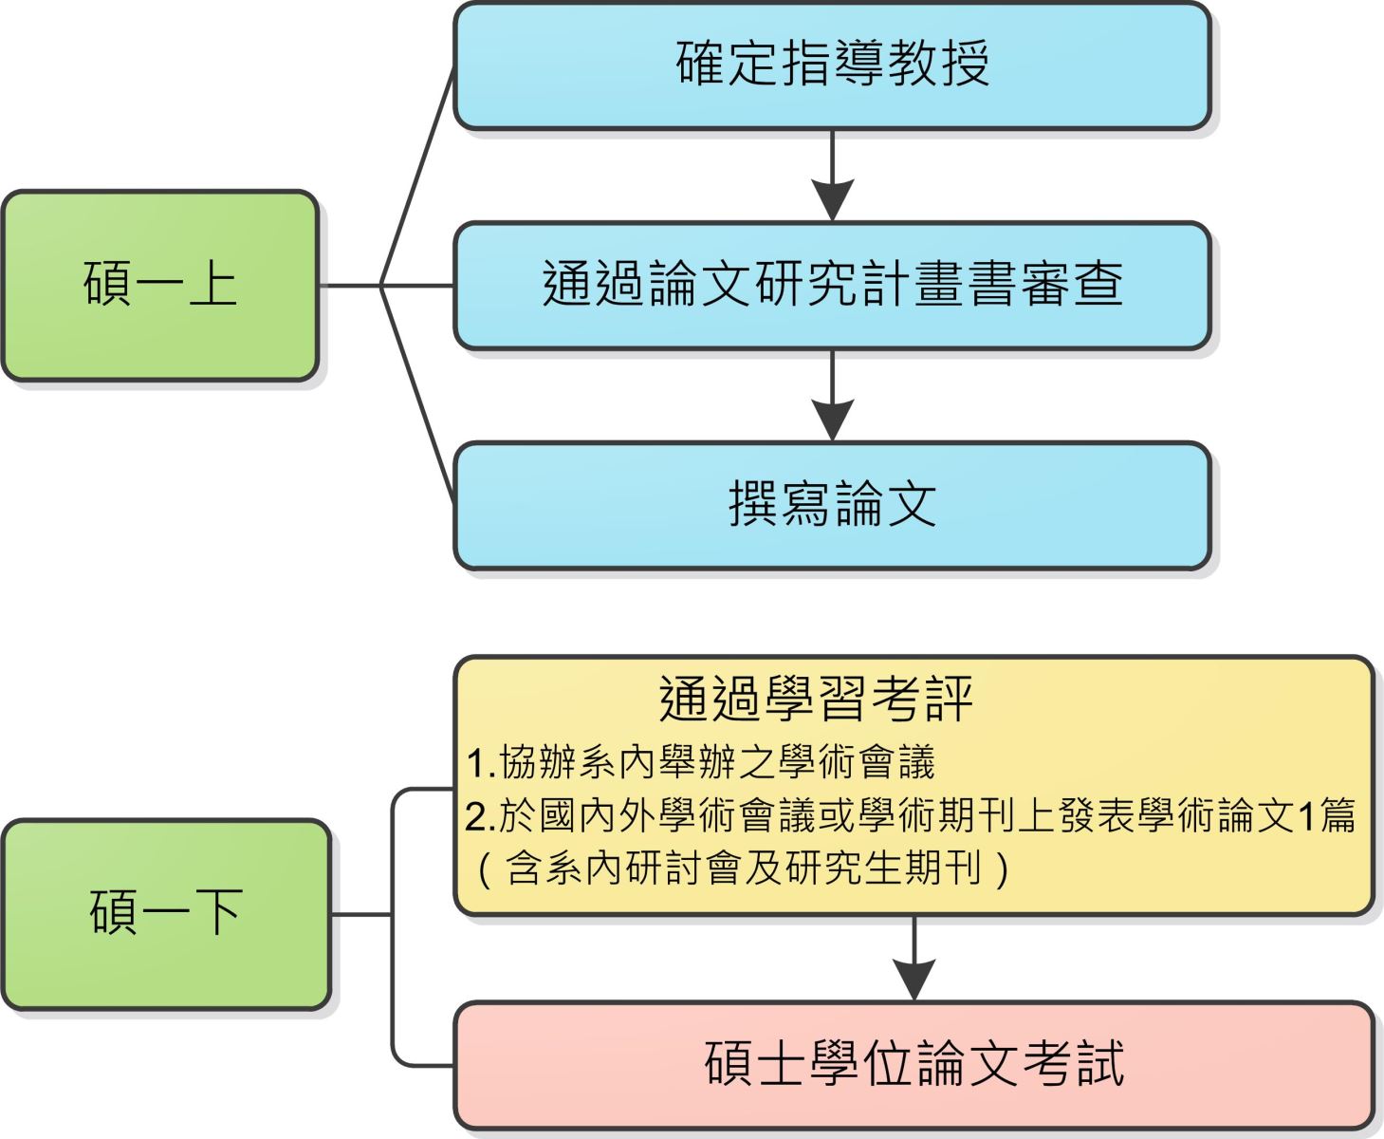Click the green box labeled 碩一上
coord(159,285)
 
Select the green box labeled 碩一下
coord(166,914)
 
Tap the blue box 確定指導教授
coord(832,65)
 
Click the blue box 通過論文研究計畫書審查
coord(832,285)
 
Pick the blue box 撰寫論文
coord(832,505)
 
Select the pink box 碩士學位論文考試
coord(913,1064)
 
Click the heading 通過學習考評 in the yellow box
coord(816,700)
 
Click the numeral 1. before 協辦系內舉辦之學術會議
coord(481,762)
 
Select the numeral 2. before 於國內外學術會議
coord(481,816)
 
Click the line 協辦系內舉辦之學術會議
coord(717,762)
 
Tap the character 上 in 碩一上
coord(212,285)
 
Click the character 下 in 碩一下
coord(219,914)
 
